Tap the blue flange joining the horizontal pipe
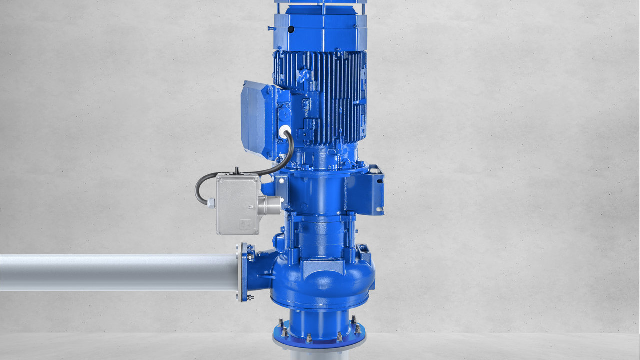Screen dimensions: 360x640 (x=244, y=272)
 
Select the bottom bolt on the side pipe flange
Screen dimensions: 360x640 (x=249, y=297)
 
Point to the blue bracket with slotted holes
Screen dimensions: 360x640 (x=370, y=190)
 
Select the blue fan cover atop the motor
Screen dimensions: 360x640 (x=320, y=30)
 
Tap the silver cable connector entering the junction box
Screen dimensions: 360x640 (x=211, y=202)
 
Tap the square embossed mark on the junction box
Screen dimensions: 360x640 (x=247, y=224)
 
